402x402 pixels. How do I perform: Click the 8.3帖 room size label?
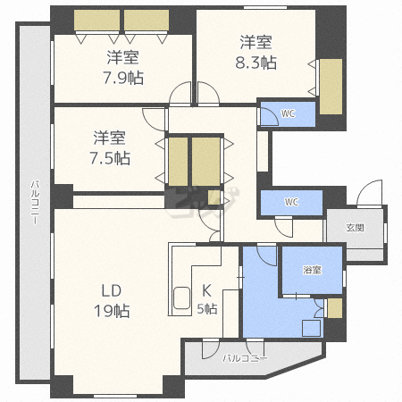(x=256, y=63)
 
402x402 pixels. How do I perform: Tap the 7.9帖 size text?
(x=123, y=78)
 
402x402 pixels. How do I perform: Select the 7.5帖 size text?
(x=110, y=158)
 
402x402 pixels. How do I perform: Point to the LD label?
(x=112, y=290)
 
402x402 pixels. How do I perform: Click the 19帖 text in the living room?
(x=112, y=311)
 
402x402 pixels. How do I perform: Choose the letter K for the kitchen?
(x=206, y=290)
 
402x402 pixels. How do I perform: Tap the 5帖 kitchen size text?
(x=207, y=309)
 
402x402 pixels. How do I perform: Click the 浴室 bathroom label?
(x=312, y=270)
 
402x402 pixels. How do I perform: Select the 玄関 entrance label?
(x=355, y=228)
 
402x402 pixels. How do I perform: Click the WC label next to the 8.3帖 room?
(x=288, y=113)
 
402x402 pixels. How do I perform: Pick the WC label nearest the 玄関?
(x=291, y=202)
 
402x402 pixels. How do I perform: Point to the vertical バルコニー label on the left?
(x=35, y=202)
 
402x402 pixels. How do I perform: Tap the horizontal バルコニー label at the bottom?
(x=246, y=358)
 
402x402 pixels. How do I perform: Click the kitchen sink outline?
(x=181, y=298)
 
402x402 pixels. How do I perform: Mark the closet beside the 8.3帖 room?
(x=331, y=87)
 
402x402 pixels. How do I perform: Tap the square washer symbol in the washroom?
(x=312, y=328)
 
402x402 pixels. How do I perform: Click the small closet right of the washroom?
(x=335, y=308)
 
